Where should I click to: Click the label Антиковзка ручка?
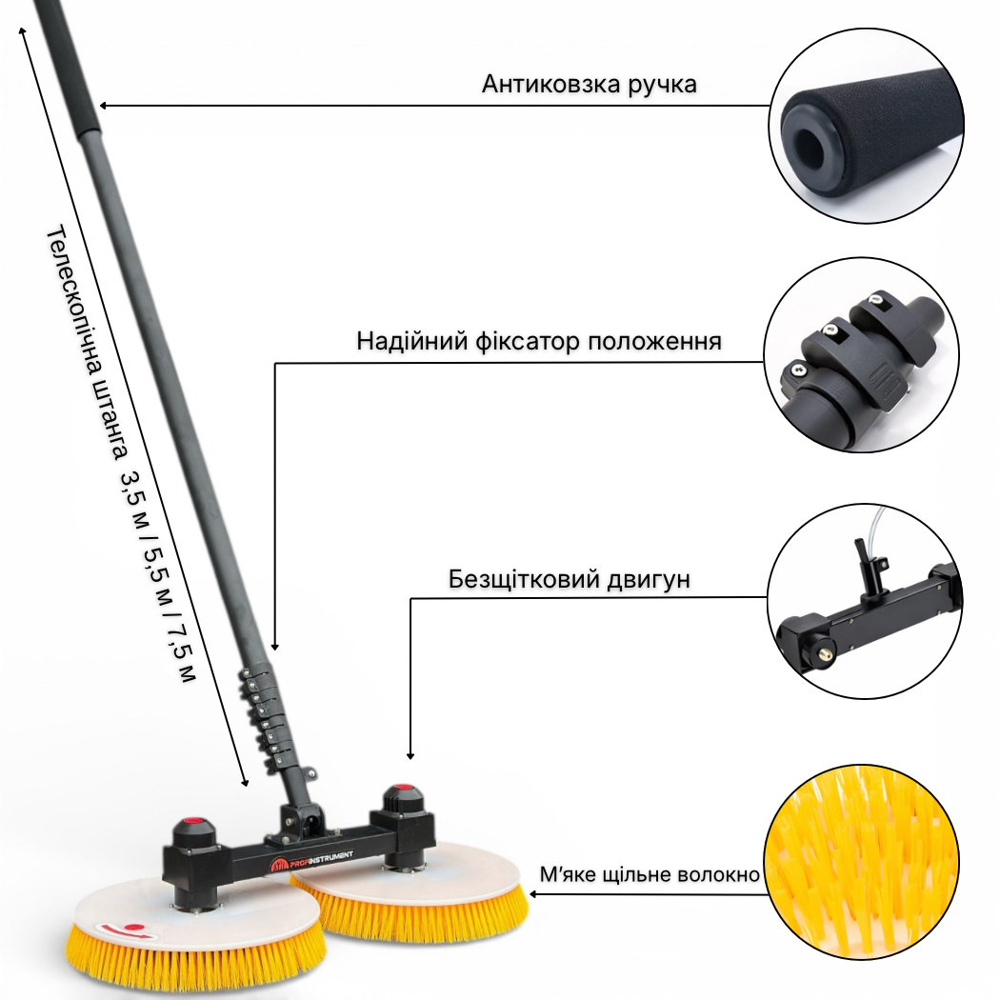click(x=590, y=84)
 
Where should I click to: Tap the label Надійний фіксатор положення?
click(x=539, y=341)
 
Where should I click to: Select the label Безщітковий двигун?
click(x=569, y=579)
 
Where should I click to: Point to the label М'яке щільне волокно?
click(x=650, y=873)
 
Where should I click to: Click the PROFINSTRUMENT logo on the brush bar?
click(x=312, y=861)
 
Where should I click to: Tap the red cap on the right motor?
click(x=401, y=790)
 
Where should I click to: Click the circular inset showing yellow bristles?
click(x=861, y=862)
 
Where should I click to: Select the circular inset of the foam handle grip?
click(x=867, y=126)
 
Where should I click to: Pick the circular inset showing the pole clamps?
click(x=862, y=355)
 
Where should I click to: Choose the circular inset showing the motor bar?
click(x=865, y=601)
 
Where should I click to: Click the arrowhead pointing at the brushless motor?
click(x=410, y=754)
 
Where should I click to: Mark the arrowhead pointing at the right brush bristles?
click(x=534, y=894)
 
